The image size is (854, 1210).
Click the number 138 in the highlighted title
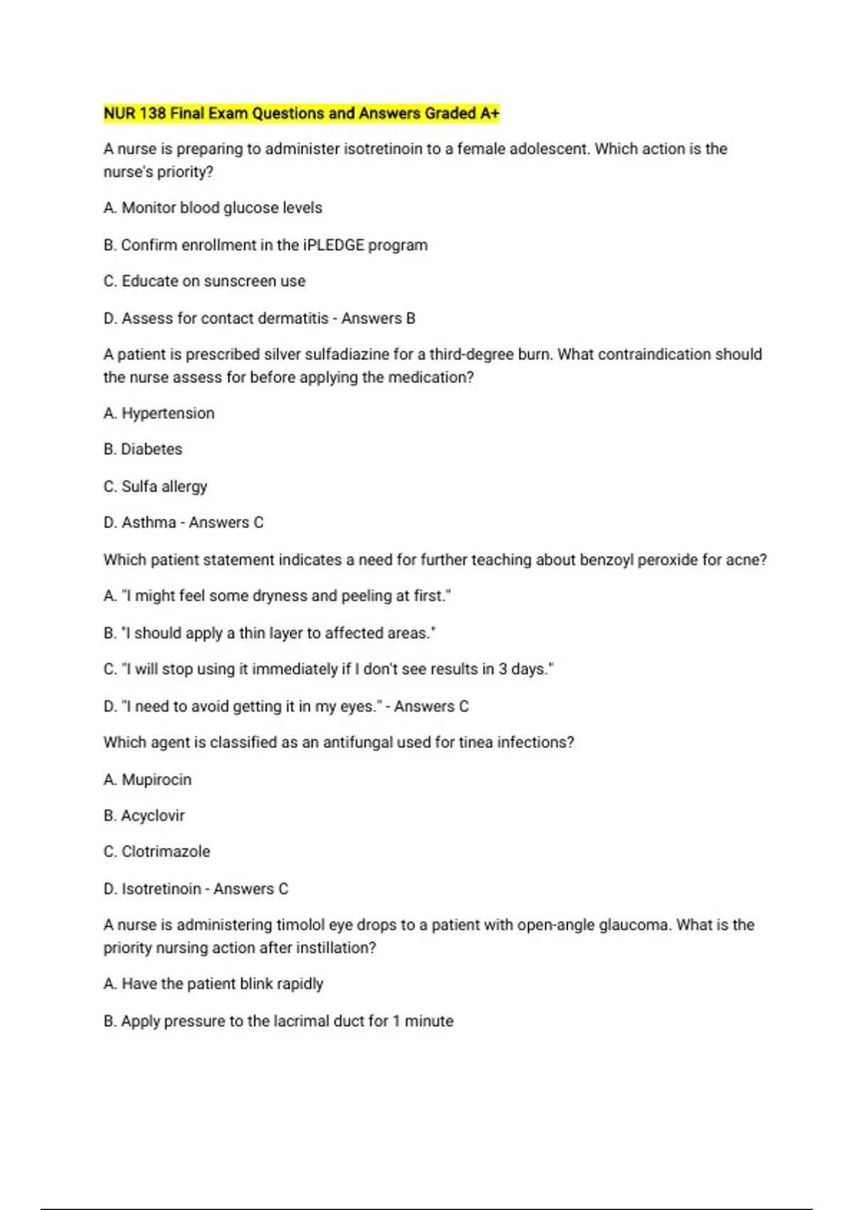pos(152,114)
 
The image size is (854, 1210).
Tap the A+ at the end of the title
pos(490,114)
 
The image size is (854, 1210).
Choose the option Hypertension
pos(168,414)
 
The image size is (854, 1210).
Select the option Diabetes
pos(152,450)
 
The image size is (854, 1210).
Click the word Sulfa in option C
pos(139,487)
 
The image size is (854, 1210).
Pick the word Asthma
pos(149,523)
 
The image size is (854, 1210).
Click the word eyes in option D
pos(357,707)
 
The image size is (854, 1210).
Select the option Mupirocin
pos(157,780)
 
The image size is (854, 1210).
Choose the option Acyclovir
pos(153,816)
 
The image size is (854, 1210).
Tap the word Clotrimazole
pos(166,852)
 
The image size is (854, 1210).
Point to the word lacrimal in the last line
pos(301,1021)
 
